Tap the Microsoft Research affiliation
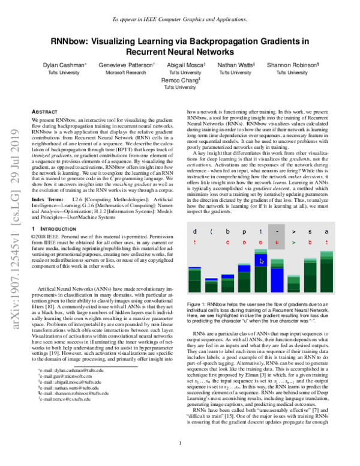point(123,72)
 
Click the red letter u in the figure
point(276,241)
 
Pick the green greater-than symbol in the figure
point(293,241)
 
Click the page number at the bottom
point(180,444)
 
